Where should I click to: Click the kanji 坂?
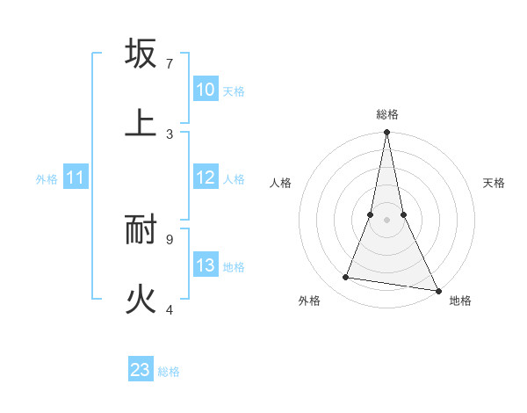coord(141,54)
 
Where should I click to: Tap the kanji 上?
coord(141,122)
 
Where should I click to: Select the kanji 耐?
coord(141,229)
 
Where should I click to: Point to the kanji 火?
coord(141,300)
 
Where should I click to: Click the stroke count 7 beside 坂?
coord(170,64)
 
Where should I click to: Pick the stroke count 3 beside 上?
coord(170,134)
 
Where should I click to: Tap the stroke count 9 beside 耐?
coord(170,239)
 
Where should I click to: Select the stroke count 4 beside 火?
coord(170,309)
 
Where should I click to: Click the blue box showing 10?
coord(206,90)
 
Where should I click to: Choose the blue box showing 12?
coord(206,178)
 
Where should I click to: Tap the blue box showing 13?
coord(206,265)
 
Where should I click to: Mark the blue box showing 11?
coord(76,178)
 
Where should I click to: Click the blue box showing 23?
coord(141,370)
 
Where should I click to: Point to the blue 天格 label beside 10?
coord(234,91)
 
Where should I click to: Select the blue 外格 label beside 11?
coord(47,179)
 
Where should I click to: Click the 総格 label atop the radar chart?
coord(386,114)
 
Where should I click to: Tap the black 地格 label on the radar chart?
coord(460,301)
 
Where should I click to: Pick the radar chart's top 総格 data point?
coord(386,133)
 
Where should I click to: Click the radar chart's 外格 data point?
coord(346,278)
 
